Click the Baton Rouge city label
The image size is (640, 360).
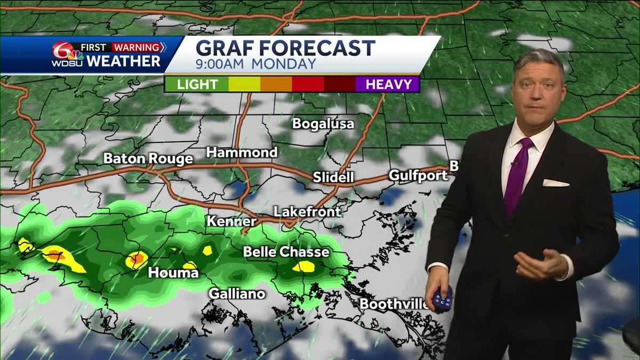click(148, 158)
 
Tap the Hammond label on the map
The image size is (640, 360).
click(242, 153)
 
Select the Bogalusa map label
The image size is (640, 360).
click(323, 124)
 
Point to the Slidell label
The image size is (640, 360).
click(333, 177)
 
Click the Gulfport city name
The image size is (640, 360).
click(418, 175)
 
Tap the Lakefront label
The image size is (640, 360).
click(307, 212)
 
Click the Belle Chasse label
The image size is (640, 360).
click(286, 252)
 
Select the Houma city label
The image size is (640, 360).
click(173, 273)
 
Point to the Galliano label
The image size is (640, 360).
click(237, 293)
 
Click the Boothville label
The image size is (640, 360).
click(394, 304)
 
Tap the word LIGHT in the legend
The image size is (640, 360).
click(197, 84)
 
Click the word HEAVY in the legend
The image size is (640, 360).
click(389, 84)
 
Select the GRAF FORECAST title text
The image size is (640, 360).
click(285, 49)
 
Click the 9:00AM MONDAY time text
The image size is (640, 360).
click(256, 64)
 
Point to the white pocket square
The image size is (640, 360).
click(555, 183)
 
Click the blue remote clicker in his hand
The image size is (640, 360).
click(442, 299)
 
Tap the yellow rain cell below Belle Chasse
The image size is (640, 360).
click(304, 266)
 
